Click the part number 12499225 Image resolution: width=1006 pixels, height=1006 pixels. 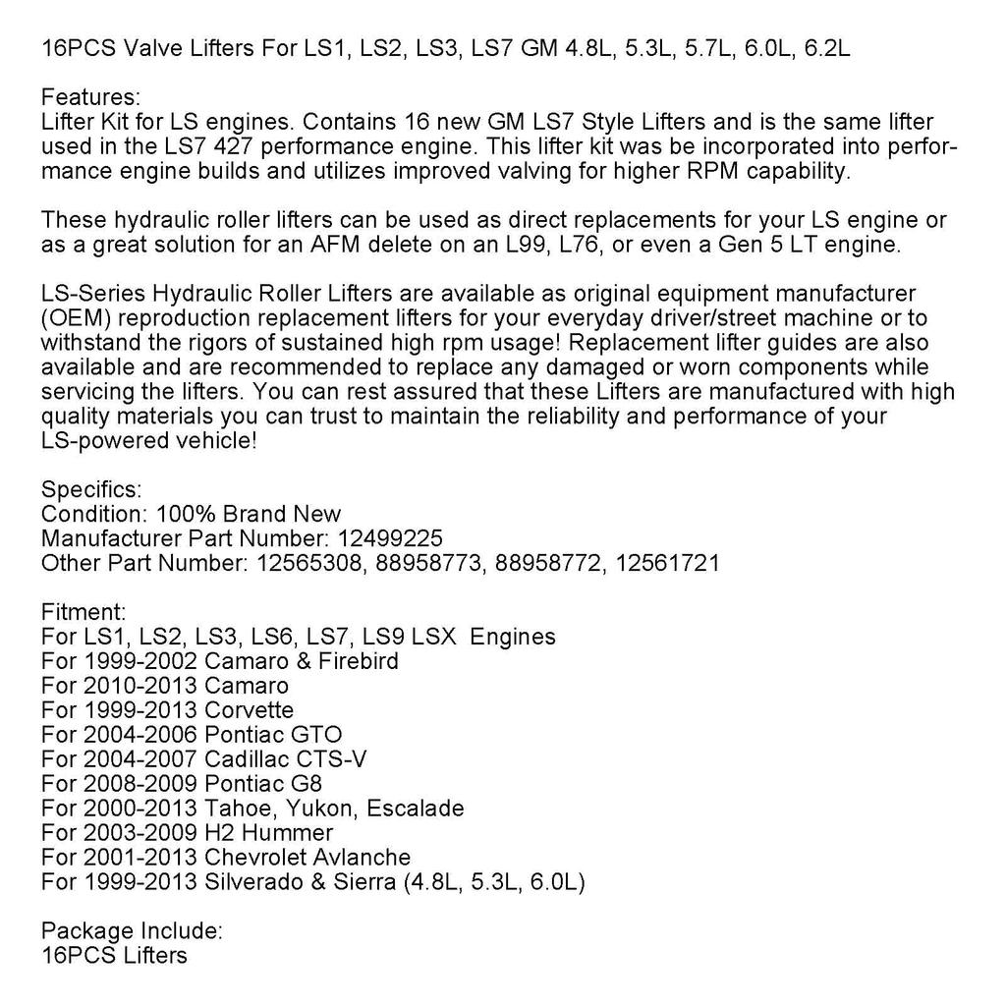pyautogui.click(x=390, y=538)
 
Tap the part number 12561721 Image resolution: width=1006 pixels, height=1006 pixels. pyautogui.click(x=670, y=563)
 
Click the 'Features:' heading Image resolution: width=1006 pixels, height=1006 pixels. pyautogui.click(x=91, y=97)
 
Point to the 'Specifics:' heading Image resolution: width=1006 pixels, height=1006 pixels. pyautogui.click(x=91, y=489)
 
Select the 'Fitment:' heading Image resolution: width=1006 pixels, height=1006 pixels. pyautogui.click(x=84, y=612)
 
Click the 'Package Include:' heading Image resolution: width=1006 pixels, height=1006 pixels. pyautogui.click(x=132, y=930)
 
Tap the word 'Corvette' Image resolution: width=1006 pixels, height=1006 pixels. pyautogui.click(x=249, y=710)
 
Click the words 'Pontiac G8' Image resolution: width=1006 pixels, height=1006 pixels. pyautogui.click(x=262, y=784)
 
